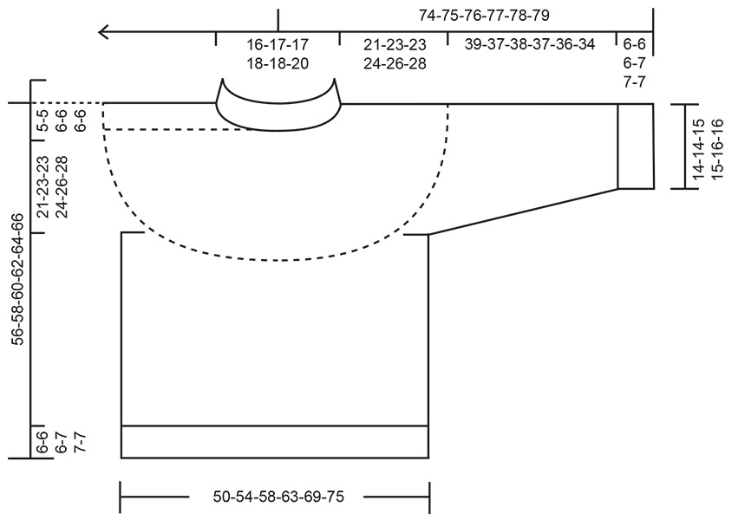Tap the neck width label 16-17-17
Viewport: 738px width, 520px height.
[278, 44]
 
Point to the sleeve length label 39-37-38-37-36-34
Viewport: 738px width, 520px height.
[530, 44]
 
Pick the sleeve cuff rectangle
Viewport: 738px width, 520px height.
[636, 146]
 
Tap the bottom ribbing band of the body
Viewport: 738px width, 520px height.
[275, 442]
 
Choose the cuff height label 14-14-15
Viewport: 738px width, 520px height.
[699, 146]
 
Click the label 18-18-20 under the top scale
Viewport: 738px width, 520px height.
[278, 63]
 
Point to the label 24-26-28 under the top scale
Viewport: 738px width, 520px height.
[395, 63]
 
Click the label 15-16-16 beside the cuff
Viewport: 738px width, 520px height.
[718, 146]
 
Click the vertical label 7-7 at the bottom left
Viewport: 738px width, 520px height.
[81, 442]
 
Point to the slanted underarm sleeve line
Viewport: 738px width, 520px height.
[523, 211]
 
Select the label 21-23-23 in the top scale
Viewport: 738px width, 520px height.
[395, 44]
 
